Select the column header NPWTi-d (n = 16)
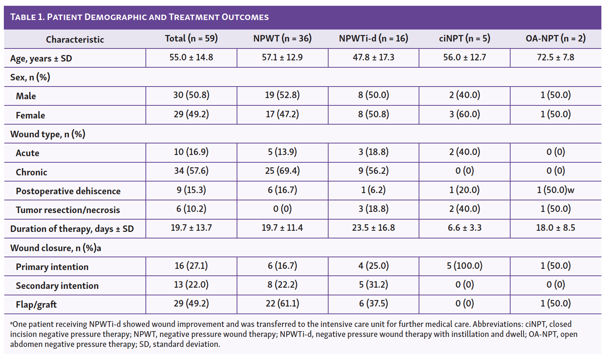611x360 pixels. click(373, 38)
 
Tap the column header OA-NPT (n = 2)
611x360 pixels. click(555, 38)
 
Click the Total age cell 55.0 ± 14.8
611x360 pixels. click(191, 58)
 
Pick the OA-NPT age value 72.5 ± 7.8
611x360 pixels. click(555, 58)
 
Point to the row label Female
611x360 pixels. click(30, 115)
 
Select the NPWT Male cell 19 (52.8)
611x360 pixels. click(282, 95)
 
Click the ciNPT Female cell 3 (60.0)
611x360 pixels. click(464, 114)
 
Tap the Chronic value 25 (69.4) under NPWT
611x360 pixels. click(282, 171)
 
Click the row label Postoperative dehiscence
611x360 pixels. click(68, 191)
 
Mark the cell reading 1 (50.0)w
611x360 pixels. click(555, 190)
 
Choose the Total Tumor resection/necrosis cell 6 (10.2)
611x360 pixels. click(191, 209)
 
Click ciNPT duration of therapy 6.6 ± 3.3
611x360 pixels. click(464, 228)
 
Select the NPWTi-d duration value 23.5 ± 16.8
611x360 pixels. click(373, 228)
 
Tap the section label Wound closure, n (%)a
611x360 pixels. click(55, 248)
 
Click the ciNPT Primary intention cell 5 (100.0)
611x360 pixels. click(464, 266)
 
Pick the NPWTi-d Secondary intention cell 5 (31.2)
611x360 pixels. click(373, 285)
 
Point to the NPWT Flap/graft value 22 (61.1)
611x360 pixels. click(282, 303)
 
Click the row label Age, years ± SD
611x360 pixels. click(41, 58)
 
